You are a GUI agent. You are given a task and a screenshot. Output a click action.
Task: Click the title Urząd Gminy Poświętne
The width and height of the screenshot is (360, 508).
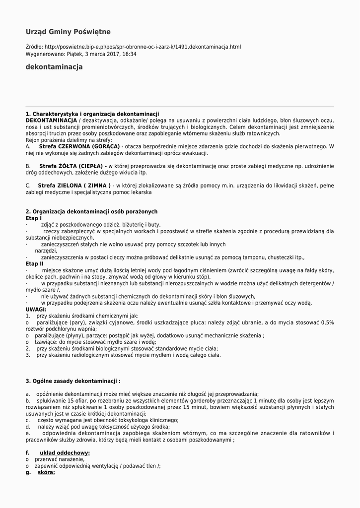[x=68, y=32]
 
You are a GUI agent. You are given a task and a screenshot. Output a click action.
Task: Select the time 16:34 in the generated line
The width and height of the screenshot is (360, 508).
[x=130, y=54]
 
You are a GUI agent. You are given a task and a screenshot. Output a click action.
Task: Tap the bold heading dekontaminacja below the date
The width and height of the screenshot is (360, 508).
[x=54, y=67]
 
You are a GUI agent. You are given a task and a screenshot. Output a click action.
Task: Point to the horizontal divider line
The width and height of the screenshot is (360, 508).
[x=180, y=106]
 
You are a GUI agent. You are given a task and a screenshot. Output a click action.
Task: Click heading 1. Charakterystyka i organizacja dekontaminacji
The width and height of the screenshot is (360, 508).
[x=92, y=114]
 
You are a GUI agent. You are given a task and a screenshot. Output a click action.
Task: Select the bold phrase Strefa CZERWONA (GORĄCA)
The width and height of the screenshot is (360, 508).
[x=79, y=147]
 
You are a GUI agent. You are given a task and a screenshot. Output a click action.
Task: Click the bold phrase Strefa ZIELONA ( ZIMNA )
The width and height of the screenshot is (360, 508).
[x=75, y=186]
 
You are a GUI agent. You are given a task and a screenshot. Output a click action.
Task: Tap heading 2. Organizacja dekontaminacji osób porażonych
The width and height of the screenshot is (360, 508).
[x=91, y=212]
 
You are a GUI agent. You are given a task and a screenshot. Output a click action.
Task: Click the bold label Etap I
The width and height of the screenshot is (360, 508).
[x=34, y=218]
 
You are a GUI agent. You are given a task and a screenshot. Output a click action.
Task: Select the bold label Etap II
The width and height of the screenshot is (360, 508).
[x=35, y=264]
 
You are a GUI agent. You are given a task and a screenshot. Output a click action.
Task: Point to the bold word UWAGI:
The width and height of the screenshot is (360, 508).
[x=36, y=309]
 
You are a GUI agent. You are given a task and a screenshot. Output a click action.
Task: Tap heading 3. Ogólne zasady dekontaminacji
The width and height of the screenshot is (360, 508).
[x=73, y=381]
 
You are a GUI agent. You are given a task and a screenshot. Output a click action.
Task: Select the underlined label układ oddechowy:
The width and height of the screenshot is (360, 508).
[x=65, y=453]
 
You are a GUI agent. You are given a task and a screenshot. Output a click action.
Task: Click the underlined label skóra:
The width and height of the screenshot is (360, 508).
[x=46, y=472]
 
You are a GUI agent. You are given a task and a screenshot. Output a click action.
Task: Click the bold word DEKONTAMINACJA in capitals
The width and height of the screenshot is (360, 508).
[x=51, y=121]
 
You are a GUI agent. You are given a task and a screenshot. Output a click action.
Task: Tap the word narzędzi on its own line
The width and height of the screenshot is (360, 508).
[x=46, y=251]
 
